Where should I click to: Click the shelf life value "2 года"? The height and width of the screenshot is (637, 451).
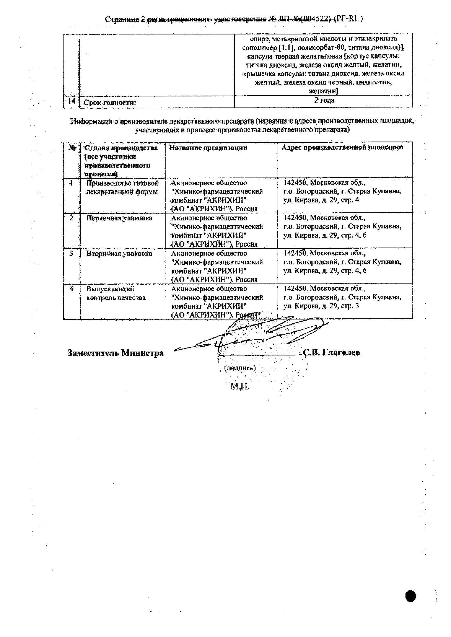point(324,100)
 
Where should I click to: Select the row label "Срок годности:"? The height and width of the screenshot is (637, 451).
point(109,103)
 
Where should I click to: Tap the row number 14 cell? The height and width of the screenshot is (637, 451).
point(71,101)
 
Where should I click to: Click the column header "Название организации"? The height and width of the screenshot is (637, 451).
point(208,147)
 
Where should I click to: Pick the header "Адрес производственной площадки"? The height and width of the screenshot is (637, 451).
point(342,147)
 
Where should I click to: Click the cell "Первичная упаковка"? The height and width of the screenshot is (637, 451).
point(119,218)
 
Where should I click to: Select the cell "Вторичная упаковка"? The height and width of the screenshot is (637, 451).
point(119,254)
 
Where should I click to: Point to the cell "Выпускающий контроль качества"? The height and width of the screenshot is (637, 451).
point(116,293)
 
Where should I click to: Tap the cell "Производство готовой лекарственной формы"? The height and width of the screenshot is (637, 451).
point(122,188)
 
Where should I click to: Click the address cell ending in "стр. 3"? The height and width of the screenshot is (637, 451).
point(342,297)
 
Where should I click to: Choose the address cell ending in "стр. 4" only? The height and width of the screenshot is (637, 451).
point(342,191)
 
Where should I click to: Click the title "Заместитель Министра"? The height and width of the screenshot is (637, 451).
point(115,353)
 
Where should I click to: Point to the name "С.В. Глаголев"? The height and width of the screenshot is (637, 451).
point(331,352)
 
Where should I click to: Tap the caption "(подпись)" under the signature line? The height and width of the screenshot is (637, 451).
point(240,368)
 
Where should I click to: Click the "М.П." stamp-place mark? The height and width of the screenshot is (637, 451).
point(240,386)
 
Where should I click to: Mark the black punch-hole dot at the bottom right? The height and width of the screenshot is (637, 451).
point(411,596)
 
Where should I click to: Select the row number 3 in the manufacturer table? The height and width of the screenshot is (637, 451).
point(71,254)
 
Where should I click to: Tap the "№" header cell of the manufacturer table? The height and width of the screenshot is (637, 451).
point(72,148)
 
